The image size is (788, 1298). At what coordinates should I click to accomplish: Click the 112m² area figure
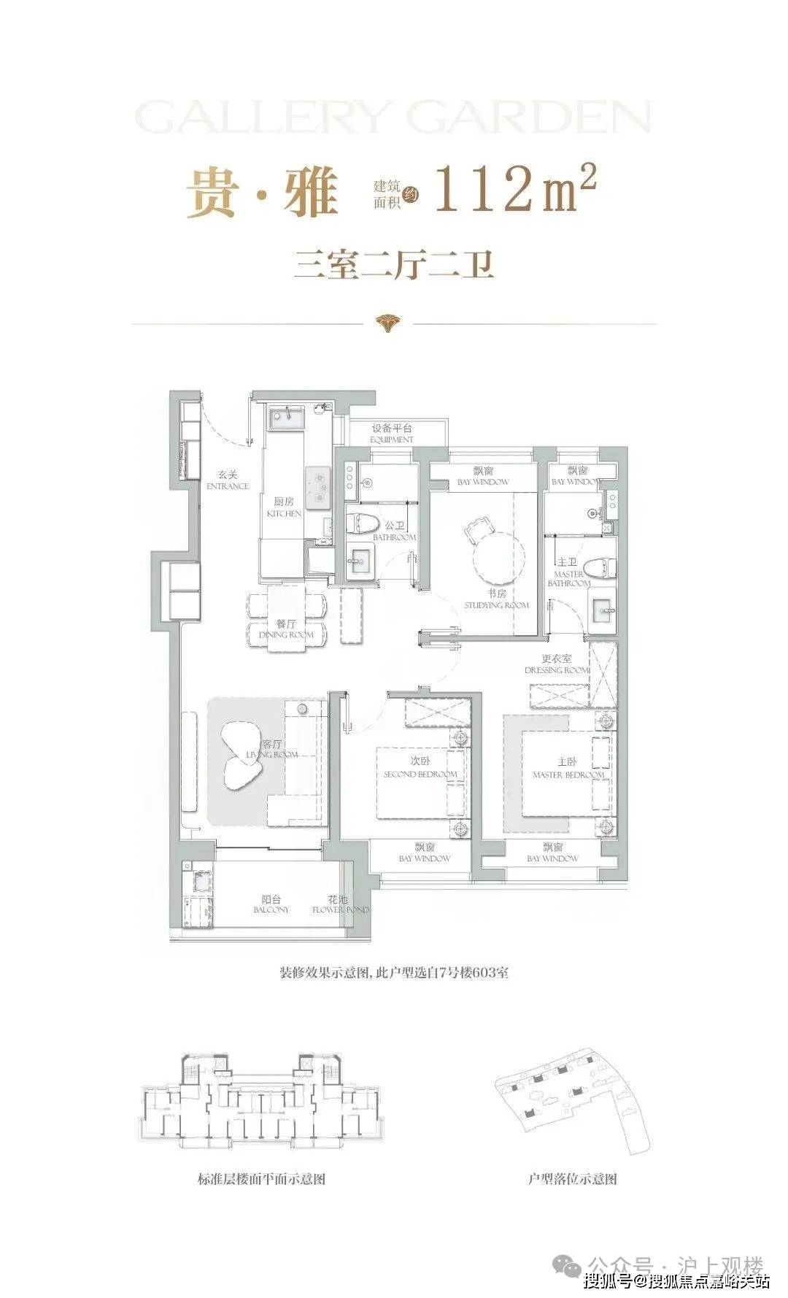coord(515,189)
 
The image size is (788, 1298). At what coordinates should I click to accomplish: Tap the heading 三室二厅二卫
coord(394,264)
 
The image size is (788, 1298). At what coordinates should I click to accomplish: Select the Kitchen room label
coord(284,507)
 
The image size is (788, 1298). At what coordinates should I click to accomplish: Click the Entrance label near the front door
coord(228,481)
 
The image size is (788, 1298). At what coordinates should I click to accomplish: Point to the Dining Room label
coord(286,629)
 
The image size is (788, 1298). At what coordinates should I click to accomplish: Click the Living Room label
coord(272,749)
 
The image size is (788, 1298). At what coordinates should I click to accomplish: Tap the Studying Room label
coord(497,599)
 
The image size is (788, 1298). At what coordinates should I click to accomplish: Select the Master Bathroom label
coord(568,578)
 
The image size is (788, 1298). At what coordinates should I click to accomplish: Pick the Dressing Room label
coord(557,664)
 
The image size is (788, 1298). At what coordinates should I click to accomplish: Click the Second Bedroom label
coord(420,769)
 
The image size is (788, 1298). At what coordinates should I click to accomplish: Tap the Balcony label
coord(271,905)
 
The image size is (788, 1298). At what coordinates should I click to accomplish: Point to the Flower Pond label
coord(339,905)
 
